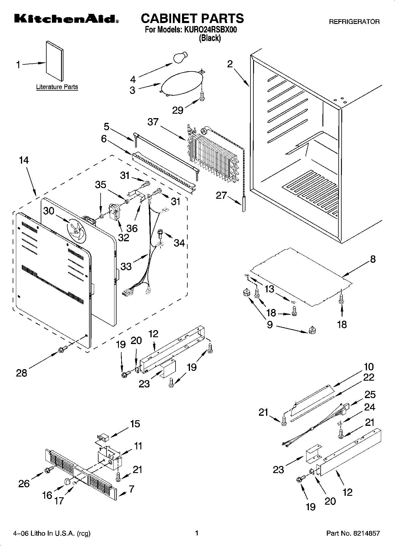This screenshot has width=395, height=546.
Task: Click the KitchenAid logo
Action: pyautogui.click(x=66, y=19)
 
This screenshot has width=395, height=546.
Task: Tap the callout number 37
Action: pyautogui.click(x=153, y=122)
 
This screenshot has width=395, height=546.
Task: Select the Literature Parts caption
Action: pyautogui.click(x=57, y=87)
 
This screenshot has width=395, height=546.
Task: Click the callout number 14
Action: pyautogui.click(x=24, y=160)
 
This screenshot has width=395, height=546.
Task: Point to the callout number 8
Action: pyautogui.click(x=373, y=259)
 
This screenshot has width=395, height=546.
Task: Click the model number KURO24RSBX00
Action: pyautogui.click(x=211, y=30)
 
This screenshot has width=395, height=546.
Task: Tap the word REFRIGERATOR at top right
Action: pyautogui.click(x=354, y=22)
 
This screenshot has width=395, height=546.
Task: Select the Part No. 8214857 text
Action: pyautogui.click(x=353, y=533)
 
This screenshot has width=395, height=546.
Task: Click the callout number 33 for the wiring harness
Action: pyautogui.click(x=126, y=266)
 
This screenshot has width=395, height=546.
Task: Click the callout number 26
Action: pyautogui.click(x=24, y=483)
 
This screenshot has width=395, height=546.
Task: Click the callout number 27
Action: pyautogui.click(x=221, y=195)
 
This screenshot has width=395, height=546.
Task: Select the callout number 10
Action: pyautogui.click(x=368, y=367)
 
